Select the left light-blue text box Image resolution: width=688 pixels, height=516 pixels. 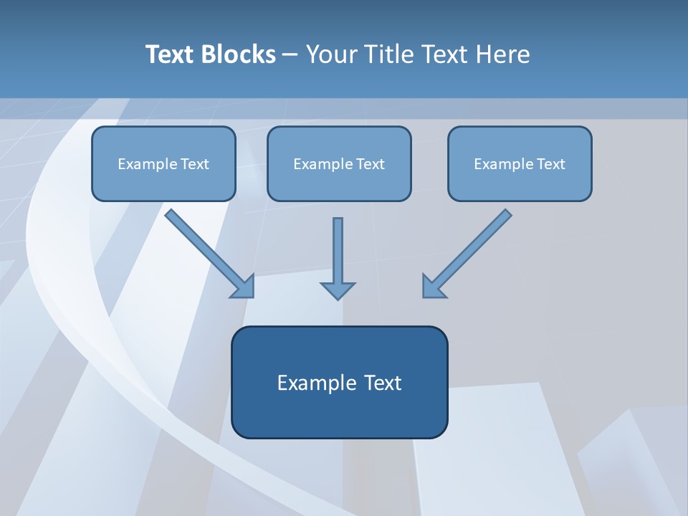tap(163, 163)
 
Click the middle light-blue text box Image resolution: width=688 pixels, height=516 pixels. tap(339, 163)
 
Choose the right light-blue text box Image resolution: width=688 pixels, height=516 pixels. tap(520, 163)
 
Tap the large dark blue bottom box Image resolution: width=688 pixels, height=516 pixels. tap(339, 382)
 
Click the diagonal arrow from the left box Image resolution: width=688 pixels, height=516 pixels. tap(208, 252)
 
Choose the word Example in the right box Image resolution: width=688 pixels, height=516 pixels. tap(503, 164)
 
